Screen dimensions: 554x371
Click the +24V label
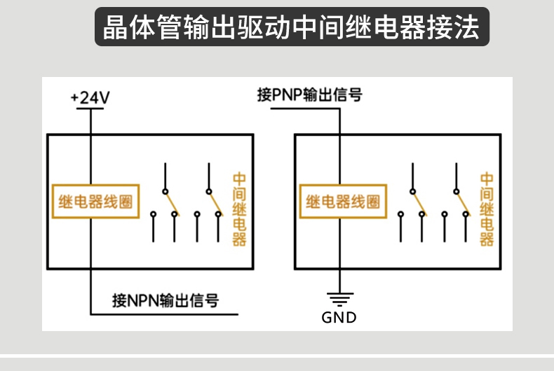[x=90, y=97]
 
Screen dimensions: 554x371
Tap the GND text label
[x=339, y=317]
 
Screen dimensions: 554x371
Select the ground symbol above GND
[x=340, y=299]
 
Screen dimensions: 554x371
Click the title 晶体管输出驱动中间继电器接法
[x=291, y=27]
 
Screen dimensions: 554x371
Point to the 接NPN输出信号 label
[x=165, y=300]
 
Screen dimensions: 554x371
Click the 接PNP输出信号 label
[x=309, y=94]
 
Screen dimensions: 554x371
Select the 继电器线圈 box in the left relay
[x=95, y=202]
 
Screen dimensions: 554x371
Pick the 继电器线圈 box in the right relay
[x=343, y=202]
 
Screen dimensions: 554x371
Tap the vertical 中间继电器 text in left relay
[x=239, y=209]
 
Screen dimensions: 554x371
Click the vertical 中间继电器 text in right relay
[x=487, y=209]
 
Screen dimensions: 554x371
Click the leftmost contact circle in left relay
[x=153, y=214]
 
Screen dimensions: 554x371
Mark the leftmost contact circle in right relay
[x=400, y=214]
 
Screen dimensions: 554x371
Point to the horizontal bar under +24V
[x=90, y=108]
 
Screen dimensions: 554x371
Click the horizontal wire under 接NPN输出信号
[x=164, y=314]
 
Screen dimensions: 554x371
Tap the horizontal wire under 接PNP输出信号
[x=305, y=108]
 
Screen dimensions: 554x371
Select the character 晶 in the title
[x=116, y=27]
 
